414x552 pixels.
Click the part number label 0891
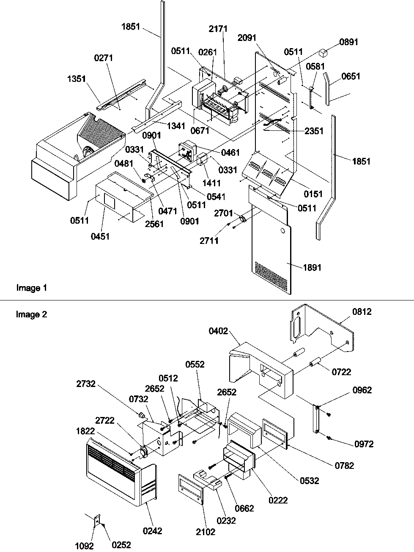349,42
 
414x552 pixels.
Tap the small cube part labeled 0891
324,53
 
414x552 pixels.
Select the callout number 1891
312,267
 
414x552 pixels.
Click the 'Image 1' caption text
31,288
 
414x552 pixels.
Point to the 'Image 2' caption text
31,314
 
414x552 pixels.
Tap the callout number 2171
218,29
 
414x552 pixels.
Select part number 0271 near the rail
103,58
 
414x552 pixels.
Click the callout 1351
77,78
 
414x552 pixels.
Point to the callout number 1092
85,546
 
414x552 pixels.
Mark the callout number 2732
86,384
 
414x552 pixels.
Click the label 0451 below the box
100,236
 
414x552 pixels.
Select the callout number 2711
209,241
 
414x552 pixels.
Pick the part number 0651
351,76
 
